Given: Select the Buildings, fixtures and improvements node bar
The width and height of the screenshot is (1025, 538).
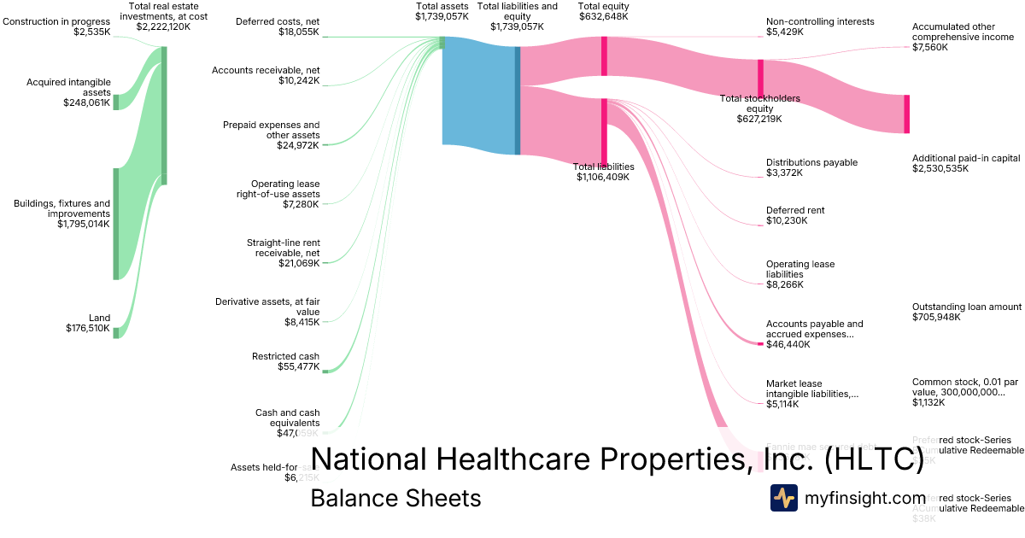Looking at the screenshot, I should [116, 224].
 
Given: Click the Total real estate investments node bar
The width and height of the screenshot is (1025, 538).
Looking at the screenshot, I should [164, 115].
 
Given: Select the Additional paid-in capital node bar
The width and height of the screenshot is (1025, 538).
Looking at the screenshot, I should [907, 114].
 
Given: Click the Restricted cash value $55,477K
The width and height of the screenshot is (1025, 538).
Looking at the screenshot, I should [298, 366].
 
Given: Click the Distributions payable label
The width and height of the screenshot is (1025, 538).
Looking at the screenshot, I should [811, 162].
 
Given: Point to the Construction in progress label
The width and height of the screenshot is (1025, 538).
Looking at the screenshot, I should [56, 21].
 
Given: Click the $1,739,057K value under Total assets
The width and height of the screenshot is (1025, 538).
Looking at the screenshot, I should [442, 16].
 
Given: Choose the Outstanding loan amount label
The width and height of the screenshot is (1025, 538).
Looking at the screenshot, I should [967, 307].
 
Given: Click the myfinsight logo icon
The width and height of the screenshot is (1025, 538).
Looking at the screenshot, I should [784, 498].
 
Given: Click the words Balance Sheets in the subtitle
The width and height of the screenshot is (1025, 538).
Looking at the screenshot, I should [395, 498].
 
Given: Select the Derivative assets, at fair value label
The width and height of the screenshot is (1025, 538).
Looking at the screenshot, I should [267, 307].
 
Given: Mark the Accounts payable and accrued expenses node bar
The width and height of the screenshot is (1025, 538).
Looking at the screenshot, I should [760, 343].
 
